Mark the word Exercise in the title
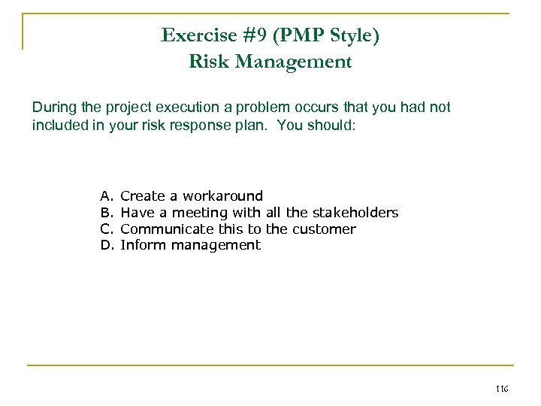pos(193,35)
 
